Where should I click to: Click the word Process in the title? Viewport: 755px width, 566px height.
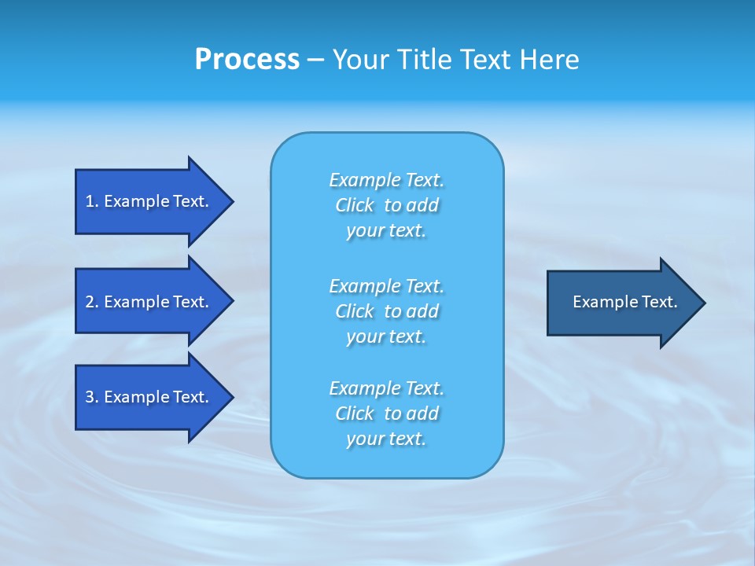click(x=247, y=60)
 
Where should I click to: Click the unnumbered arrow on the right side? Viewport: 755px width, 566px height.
click(x=621, y=303)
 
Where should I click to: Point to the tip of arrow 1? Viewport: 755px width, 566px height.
click(x=232, y=202)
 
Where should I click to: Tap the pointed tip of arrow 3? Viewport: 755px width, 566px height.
click(x=232, y=397)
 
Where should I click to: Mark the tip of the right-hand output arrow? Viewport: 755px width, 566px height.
click(x=704, y=303)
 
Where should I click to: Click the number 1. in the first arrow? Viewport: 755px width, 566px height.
click(x=91, y=202)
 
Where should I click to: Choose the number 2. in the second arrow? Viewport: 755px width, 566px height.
click(x=91, y=302)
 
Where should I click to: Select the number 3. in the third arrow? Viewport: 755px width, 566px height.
click(x=91, y=397)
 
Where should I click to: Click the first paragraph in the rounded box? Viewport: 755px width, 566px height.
click(x=387, y=205)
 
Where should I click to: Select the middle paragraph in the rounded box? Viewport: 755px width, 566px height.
click(x=387, y=311)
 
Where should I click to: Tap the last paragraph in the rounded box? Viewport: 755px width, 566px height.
click(x=387, y=413)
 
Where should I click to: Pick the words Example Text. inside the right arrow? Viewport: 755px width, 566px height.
click(x=624, y=302)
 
